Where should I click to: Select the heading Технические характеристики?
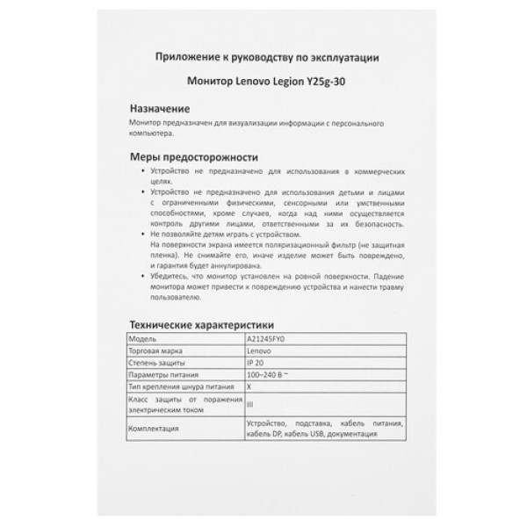point(202,322)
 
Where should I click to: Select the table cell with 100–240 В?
point(269,372)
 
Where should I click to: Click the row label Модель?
point(142,337)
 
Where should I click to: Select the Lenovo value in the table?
point(259,349)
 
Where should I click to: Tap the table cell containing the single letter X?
point(249,385)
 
